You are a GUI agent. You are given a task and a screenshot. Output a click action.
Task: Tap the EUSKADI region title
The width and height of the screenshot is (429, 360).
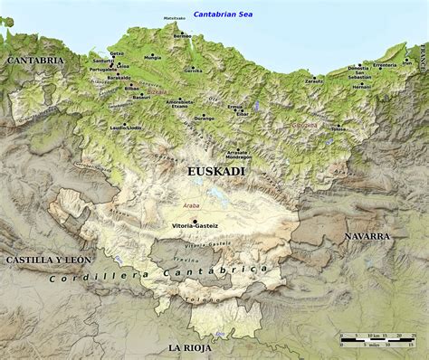[214, 170]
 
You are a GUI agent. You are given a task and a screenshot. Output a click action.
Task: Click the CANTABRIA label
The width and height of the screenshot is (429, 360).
[35, 60]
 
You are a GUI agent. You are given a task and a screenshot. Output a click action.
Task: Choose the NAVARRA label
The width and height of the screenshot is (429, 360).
[366, 235]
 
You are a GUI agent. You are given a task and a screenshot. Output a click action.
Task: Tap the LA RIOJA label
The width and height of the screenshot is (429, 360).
[189, 347]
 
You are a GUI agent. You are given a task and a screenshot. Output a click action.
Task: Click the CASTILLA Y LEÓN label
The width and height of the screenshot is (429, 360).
[49, 260]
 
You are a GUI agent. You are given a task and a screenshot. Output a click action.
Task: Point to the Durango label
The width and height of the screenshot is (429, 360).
[205, 118]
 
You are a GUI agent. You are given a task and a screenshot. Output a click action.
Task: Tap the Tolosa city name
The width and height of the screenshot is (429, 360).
[338, 129]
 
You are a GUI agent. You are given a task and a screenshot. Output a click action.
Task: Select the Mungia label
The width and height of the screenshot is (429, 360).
[152, 57]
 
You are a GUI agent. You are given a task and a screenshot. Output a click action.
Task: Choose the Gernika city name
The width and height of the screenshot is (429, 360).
[193, 71]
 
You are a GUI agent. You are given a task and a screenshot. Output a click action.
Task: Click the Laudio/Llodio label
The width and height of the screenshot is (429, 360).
[126, 128]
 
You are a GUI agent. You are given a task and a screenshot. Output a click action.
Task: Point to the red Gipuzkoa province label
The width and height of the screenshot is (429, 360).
[304, 125]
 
